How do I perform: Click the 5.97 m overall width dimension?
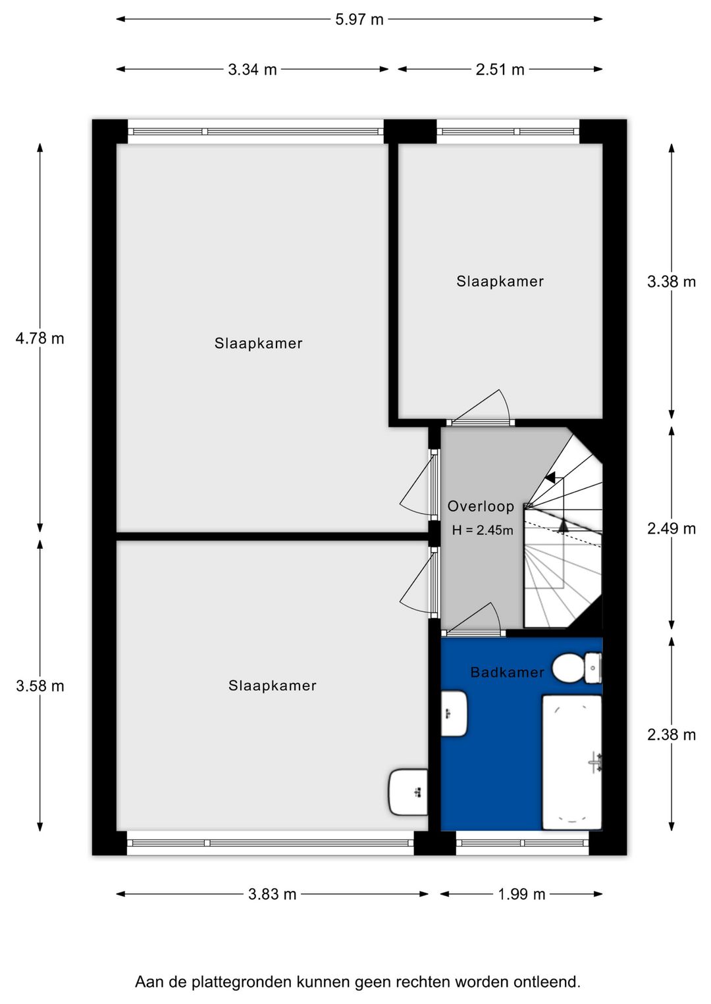(359, 19)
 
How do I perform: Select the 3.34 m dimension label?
(252, 69)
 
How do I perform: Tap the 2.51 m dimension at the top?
(500, 69)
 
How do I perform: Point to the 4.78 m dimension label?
(39, 338)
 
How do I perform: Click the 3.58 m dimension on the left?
(39, 686)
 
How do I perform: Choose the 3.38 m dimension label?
(671, 282)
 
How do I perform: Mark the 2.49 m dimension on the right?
(671, 528)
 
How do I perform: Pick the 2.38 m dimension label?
(671, 734)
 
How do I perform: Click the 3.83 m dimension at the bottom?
(272, 894)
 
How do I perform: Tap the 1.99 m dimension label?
(521, 894)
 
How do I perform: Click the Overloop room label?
(481, 506)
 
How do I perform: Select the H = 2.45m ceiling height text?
(482, 530)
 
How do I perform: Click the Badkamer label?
(507, 672)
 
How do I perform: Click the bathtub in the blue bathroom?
(571, 762)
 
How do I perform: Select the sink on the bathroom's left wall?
(454, 713)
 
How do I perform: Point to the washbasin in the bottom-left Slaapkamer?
(408, 792)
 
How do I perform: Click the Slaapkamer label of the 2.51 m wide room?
(500, 282)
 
